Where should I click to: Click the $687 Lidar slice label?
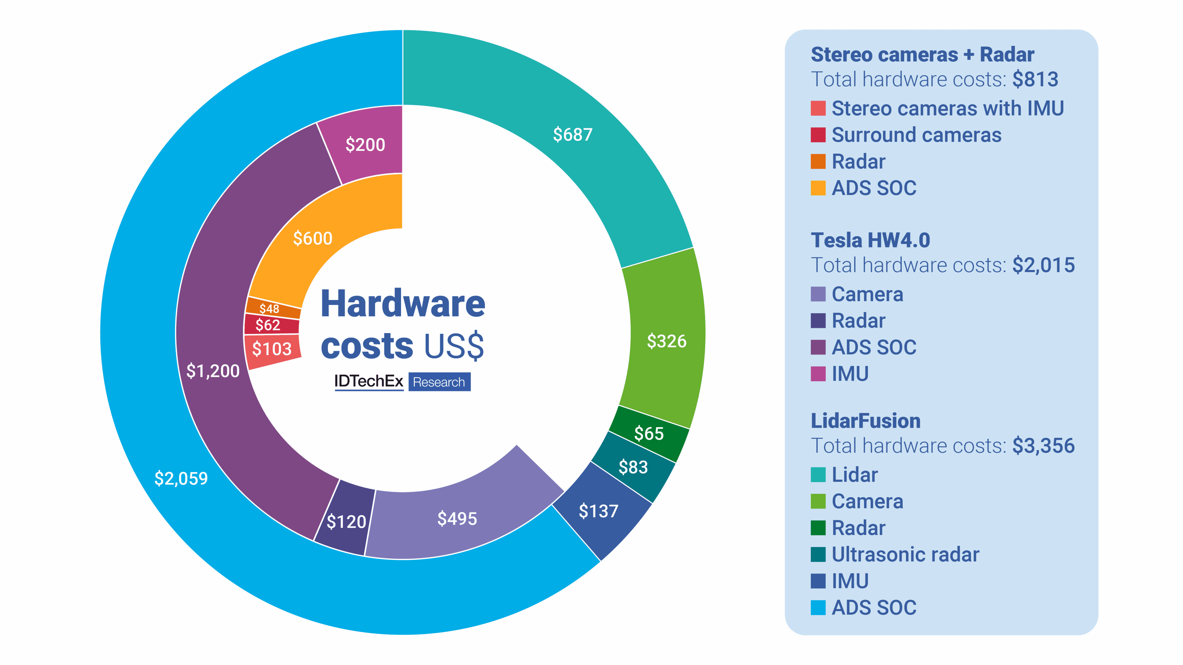click(x=572, y=134)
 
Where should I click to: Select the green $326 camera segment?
click(x=666, y=341)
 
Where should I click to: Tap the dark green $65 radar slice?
click(x=649, y=433)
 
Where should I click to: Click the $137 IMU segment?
click(x=598, y=511)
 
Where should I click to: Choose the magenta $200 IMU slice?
click(x=365, y=145)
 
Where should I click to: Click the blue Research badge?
click(x=439, y=382)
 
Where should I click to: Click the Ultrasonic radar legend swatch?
click(x=818, y=554)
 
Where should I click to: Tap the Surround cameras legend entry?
click(x=916, y=135)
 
